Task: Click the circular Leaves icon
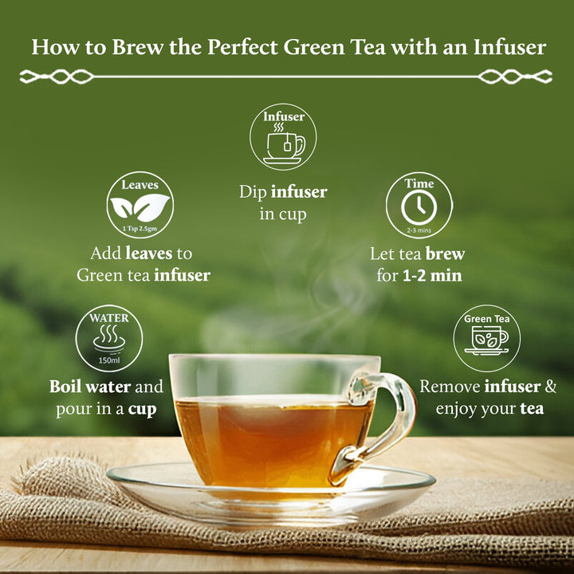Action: point(140,206)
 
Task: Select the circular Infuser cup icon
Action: point(283,137)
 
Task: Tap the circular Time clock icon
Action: point(419,206)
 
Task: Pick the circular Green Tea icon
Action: point(486,338)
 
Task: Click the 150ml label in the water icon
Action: point(109,360)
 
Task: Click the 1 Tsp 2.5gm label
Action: point(140,229)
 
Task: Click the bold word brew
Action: point(444,254)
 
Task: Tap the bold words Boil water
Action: point(89,387)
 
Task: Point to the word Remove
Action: point(451,387)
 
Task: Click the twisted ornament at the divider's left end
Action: point(56,77)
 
